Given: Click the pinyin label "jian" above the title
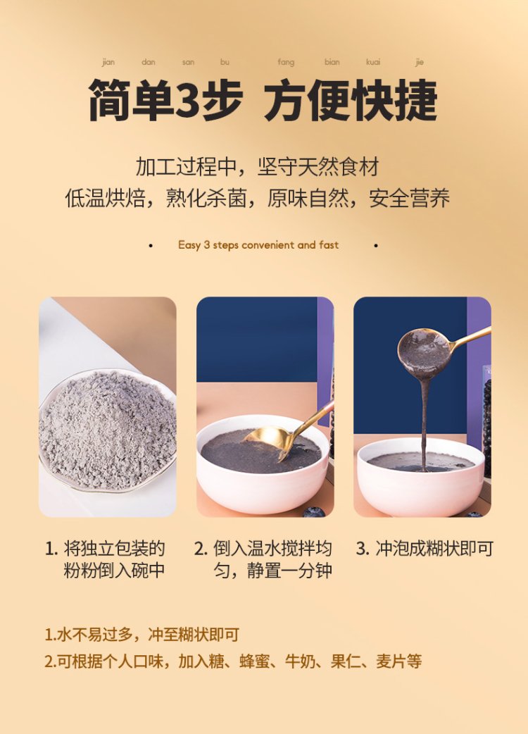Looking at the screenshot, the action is (x=108, y=62).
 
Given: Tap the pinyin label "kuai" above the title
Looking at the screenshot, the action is (x=372, y=62).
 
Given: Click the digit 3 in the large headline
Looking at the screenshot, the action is (x=187, y=99).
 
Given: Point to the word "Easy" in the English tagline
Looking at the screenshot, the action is (x=189, y=245).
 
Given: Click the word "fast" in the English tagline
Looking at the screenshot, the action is (x=329, y=244).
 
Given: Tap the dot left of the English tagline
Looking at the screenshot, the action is (x=151, y=245).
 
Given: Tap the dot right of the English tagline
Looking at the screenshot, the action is (x=376, y=245).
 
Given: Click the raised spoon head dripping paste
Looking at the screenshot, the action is (x=423, y=352).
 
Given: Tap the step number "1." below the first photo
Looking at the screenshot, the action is (x=51, y=549).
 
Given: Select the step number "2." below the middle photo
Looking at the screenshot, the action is (x=201, y=549).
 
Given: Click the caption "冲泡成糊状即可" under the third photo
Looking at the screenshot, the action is (x=434, y=549).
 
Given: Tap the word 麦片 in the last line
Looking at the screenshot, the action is (x=391, y=661).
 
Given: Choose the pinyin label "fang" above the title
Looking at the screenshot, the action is (x=286, y=62).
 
